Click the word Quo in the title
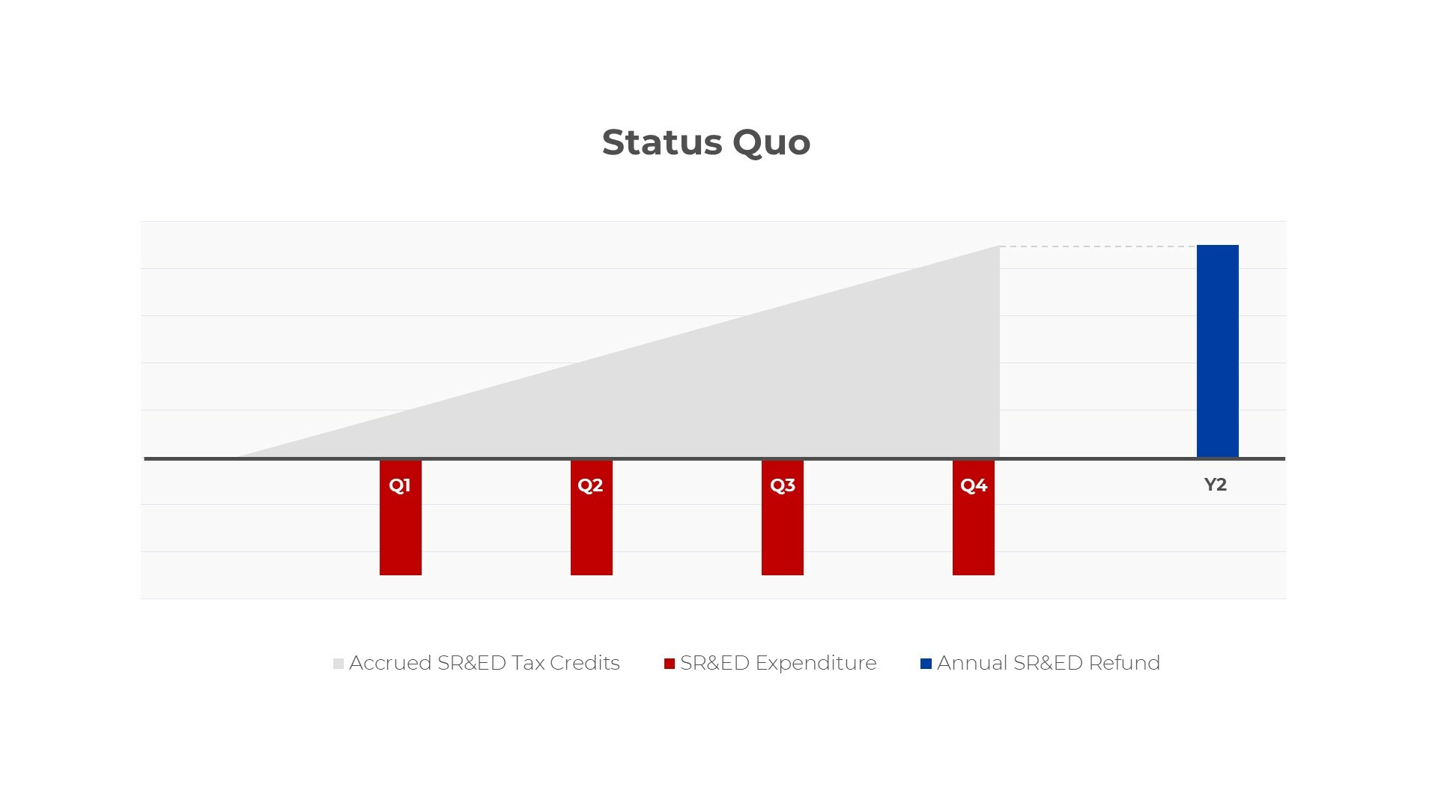tap(771, 143)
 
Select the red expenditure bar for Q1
tap(401, 518)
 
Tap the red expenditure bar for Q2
tap(592, 518)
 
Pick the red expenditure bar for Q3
tap(783, 518)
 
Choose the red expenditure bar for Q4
tap(974, 518)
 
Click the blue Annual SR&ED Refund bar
tap(1218, 351)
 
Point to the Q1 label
tap(400, 485)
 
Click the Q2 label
tap(590, 485)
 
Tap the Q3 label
tap(783, 485)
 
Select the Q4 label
tap(974, 485)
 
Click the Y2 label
tap(1216, 485)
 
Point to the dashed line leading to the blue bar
tap(1098, 246)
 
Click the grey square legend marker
tap(339, 664)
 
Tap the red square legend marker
tap(670, 664)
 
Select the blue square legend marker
tap(926, 664)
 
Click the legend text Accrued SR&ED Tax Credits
tap(485, 663)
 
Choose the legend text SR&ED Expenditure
tap(778, 663)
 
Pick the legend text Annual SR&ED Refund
tap(1049, 663)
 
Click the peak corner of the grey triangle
tap(999, 246)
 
